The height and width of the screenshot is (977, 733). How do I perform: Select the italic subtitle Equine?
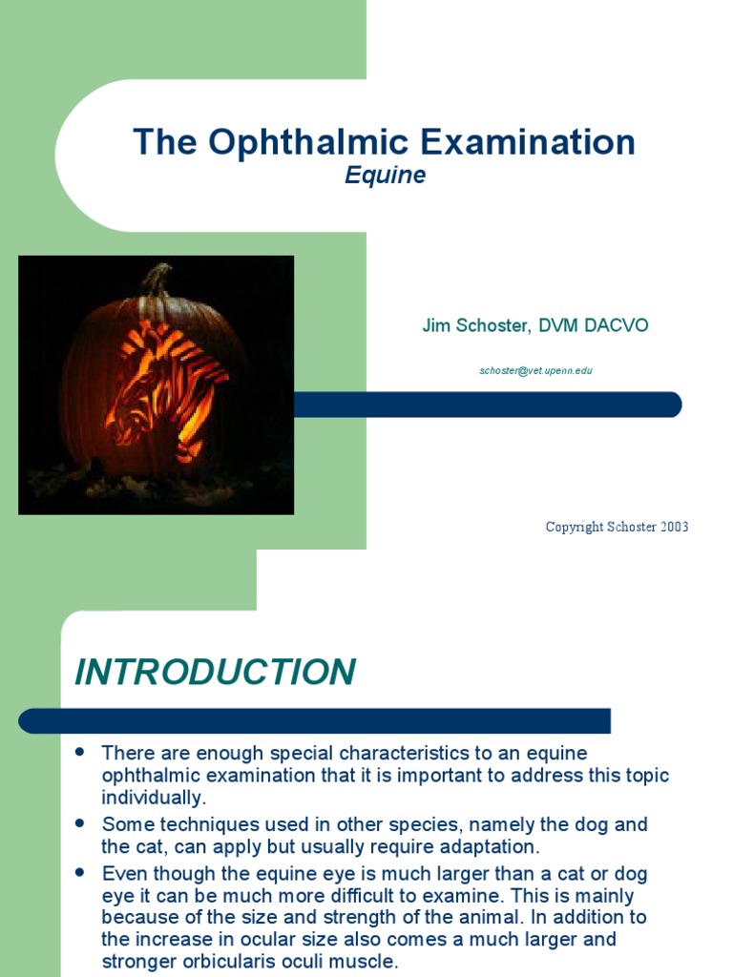[385, 177]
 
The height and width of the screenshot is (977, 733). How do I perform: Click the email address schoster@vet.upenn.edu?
[535, 370]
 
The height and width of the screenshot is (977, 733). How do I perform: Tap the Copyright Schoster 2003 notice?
[617, 527]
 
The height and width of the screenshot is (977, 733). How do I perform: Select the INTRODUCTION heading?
[216, 672]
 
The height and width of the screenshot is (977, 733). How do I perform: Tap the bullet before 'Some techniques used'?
[81, 821]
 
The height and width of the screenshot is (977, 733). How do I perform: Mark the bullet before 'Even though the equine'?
[81, 871]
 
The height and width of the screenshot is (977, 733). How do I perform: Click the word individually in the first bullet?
[153, 798]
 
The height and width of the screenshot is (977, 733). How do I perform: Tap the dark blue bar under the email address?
[487, 405]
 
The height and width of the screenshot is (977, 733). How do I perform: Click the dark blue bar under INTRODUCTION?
[315, 720]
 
